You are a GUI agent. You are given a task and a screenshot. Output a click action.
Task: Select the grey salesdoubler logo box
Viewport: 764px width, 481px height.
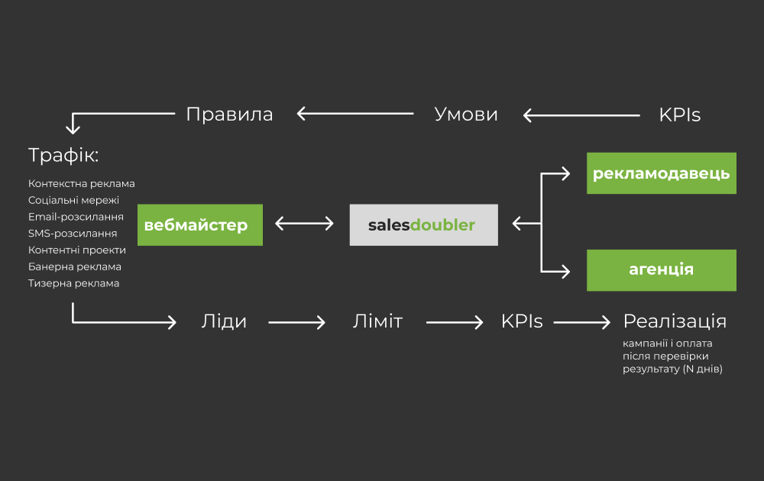pyautogui.click(x=423, y=224)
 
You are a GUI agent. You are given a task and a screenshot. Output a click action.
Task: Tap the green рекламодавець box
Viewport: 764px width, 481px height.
pyautogui.click(x=661, y=173)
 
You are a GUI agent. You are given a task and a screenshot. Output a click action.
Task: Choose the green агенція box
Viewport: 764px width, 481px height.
pyautogui.click(x=661, y=270)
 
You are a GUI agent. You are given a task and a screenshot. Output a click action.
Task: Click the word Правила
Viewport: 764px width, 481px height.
pyautogui.click(x=229, y=115)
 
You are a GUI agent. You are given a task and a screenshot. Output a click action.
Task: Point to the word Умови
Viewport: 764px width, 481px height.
pyautogui.click(x=466, y=115)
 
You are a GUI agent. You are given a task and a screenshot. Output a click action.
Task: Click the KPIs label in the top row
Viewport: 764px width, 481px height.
pyautogui.click(x=679, y=115)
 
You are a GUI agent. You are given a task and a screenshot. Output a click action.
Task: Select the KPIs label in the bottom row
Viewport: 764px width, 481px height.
pyautogui.click(x=522, y=321)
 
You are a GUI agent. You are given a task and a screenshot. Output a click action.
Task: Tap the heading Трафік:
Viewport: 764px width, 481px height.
pyautogui.click(x=63, y=156)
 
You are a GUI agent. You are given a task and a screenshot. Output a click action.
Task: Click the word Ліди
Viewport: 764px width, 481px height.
pyautogui.click(x=224, y=321)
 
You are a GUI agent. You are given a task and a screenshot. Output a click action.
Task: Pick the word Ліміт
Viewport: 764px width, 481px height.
pyautogui.click(x=377, y=321)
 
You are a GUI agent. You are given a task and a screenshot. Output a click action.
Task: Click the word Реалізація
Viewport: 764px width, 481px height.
pyautogui.click(x=675, y=321)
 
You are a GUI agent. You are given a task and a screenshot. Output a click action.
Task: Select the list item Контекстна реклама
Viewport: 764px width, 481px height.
pyautogui.click(x=81, y=183)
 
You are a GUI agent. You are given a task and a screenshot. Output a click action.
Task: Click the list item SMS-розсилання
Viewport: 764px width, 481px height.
pyautogui.click(x=73, y=233)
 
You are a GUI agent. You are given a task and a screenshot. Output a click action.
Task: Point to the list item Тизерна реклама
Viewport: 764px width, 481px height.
pyautogui.click(x=73, y=283)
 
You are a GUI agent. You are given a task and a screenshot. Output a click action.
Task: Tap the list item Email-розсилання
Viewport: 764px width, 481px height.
pyautogui.click(x=76, y=217)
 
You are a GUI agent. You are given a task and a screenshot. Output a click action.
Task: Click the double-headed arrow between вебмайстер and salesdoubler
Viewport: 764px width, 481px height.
pyautogui.click(x=304, y=224)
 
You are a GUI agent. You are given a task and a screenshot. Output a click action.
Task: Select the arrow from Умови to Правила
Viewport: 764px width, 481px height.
pyautogui.click(x=354, y=115)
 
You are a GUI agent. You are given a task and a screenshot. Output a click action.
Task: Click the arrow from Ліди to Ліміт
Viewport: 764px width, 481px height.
pyautogui.click(x=298, y=322)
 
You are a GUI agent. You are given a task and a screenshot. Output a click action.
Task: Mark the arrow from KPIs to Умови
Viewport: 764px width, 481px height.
pyautogui.click(x=581, y=115)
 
